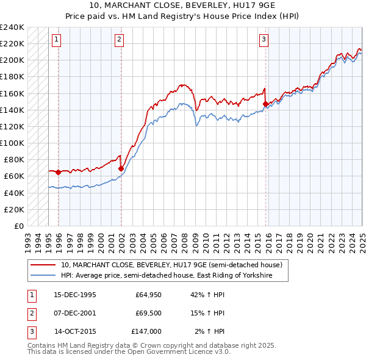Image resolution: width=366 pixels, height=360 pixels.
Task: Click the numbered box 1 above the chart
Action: [56, 40]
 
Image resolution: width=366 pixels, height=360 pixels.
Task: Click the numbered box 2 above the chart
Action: [119, 40]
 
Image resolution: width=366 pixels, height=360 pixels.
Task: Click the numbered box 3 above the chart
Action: [264, 40]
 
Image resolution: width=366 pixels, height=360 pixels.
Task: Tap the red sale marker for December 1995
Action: [58, 172]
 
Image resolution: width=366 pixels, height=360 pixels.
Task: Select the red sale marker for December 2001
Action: [121, 168]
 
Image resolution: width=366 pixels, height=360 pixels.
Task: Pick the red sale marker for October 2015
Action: [265, 104]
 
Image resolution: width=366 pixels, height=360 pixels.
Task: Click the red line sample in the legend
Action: [43, 265]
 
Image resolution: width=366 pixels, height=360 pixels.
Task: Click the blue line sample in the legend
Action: [43, 276]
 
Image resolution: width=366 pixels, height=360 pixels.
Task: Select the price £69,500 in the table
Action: [148, 314]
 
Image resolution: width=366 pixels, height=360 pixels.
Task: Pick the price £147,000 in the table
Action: [147, 332]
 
